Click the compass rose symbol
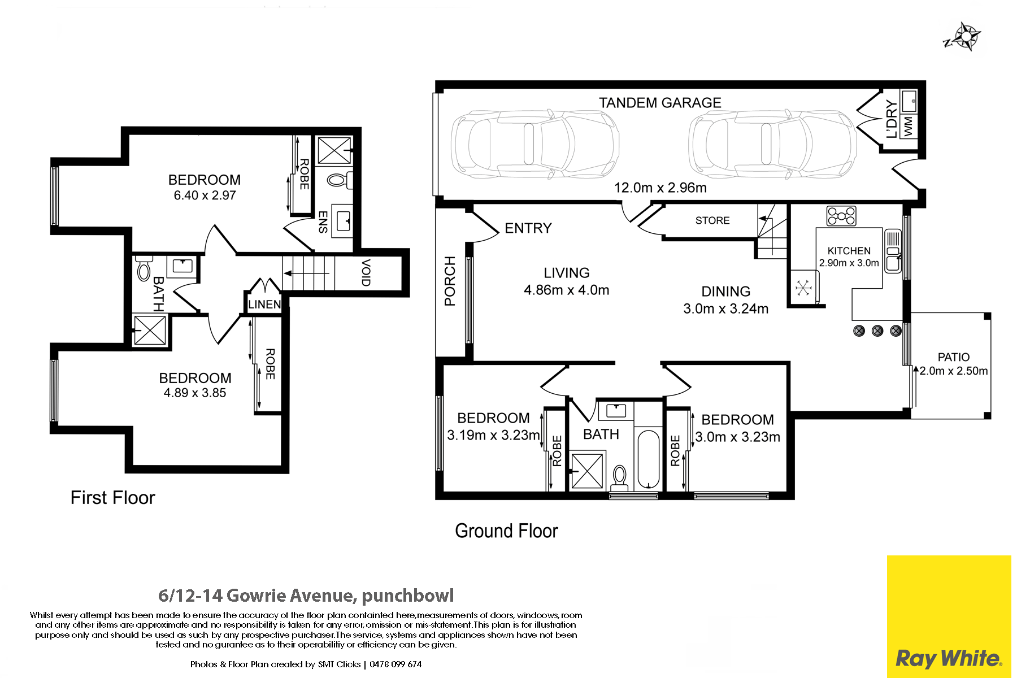pos(964,37)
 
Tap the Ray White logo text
pos(949,658)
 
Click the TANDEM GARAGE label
pos(660,103)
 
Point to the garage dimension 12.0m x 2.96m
pos(660,188)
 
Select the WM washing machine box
pos(909,125)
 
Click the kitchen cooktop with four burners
pos(841,216)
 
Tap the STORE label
pos(712,220)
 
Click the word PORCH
pos(450,281)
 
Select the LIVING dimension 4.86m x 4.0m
pos(567,290)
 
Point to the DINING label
pos(726,292)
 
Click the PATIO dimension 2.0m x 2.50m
pos(954,371)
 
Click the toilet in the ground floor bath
pos(620,478)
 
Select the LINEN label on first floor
pos(264,305)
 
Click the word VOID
pos(366,272)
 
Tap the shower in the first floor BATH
pos(150,330)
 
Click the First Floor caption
pos(112,498)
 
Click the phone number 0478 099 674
pos(395,664)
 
